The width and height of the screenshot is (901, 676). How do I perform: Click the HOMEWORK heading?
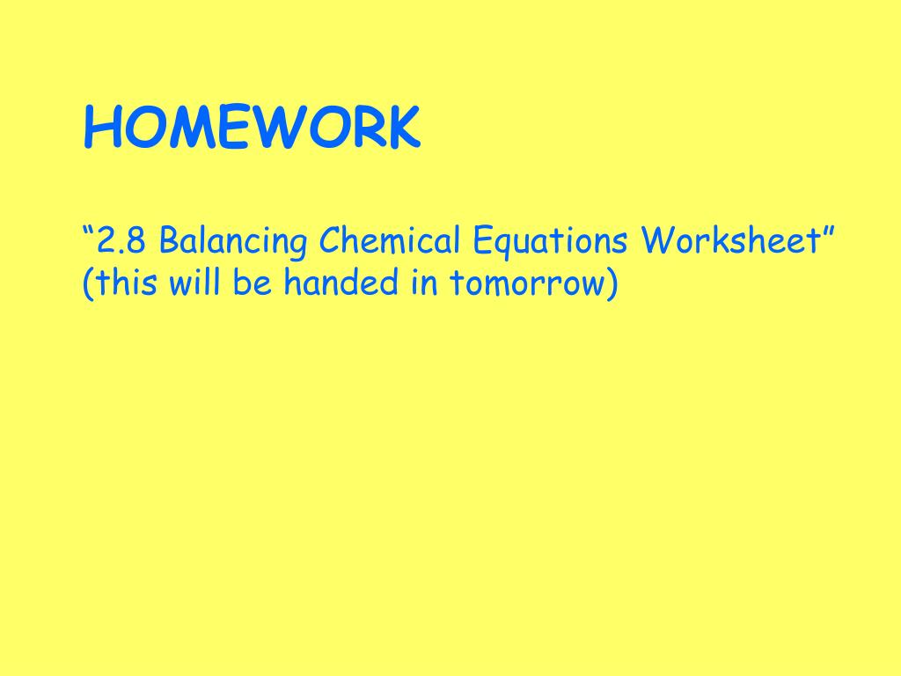(252, 127)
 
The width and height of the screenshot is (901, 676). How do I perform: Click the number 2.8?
(121, 239)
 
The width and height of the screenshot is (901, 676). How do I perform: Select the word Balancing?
(232, 241)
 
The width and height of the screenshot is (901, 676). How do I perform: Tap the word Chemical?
(390, 239)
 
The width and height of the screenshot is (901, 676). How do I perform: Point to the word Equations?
(550, 241)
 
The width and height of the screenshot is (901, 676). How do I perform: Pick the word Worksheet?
(730, 239)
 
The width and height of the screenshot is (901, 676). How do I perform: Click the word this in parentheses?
(126, 282)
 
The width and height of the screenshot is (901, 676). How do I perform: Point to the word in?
(425, 282)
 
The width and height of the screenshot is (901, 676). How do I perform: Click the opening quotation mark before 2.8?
(89, 231)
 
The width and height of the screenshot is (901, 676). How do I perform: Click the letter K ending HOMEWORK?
(403, 128)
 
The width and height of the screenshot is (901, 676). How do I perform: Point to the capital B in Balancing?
(170, 239)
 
